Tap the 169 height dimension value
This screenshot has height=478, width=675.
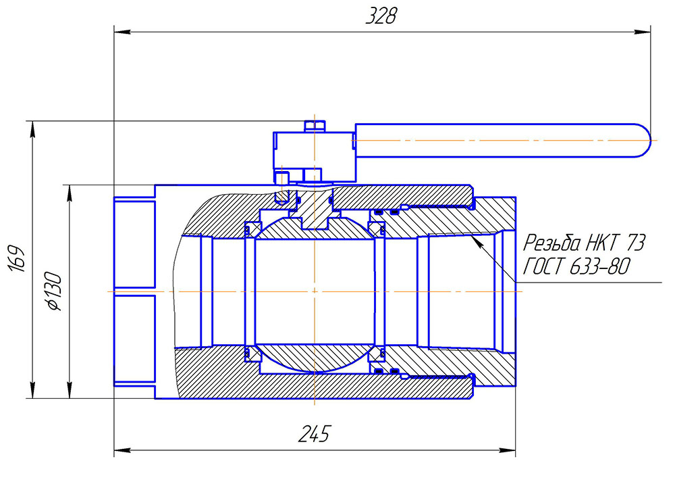point(18,260)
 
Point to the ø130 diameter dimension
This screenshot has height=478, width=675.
point(53,291)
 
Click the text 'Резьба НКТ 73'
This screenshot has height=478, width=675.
point(585,241)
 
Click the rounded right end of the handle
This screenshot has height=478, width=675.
point(642,141)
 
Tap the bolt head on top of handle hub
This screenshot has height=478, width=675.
point(315,126)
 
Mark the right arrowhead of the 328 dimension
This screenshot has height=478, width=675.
point(645,31)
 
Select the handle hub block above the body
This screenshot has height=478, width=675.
point(315,152)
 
